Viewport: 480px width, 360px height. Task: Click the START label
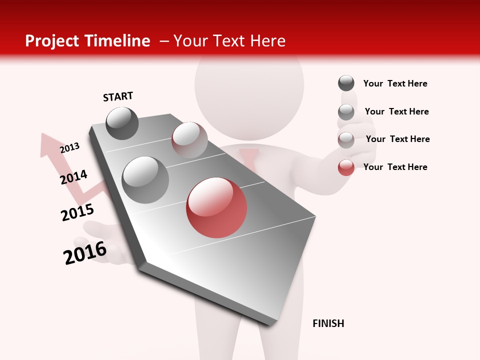(118, 96)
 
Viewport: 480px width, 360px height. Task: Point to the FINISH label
(328, 323)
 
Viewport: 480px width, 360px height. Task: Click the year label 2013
(69, 148)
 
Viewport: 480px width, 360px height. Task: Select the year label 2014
(73, 177)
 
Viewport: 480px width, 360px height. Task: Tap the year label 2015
(77, 212)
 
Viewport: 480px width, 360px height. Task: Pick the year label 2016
(85, 252)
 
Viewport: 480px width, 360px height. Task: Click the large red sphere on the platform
(216, 207)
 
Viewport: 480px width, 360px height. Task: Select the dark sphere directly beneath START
(122, 123)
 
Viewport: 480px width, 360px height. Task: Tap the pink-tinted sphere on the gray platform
(189, 139)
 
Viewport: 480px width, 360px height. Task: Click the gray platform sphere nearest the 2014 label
(145, 179)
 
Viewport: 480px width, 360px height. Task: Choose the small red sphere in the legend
(346, 167)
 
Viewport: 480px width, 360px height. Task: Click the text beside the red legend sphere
(395, 167)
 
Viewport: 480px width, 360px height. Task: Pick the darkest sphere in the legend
(346, 83)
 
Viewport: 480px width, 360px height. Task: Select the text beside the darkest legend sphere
(395, 83)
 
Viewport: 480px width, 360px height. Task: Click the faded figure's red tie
(249, 160)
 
